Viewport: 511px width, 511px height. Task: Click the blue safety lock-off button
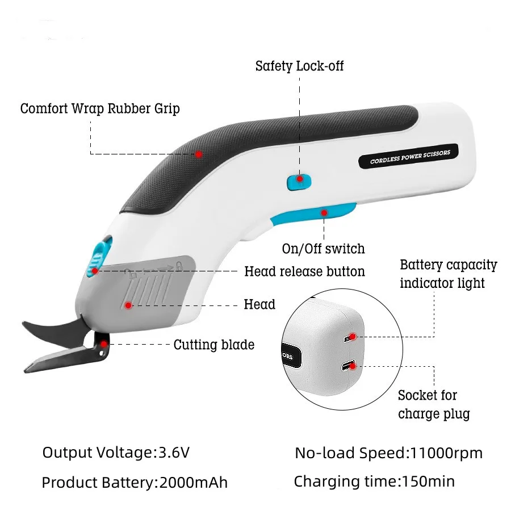coord(299,181)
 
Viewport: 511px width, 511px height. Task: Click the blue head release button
coord(98,258)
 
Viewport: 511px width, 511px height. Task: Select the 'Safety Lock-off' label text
coord(299,66)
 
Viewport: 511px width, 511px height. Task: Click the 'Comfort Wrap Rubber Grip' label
coord(100,108)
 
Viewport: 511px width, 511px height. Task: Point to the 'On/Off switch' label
coord(323,249)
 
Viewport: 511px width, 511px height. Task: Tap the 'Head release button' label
coord(304,271)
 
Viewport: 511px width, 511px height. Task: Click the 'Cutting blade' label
coord(213,345)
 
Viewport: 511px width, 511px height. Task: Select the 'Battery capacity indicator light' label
coord(448,274)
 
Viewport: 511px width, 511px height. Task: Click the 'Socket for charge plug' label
coord(434,404)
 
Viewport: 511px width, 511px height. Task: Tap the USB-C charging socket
coord(347,366)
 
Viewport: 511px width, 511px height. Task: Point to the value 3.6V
coord(174,453)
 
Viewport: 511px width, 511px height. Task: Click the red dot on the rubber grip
coord(199,154)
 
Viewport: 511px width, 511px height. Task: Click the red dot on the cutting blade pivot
coord(104,342)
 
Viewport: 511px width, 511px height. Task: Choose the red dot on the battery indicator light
coord(353,337)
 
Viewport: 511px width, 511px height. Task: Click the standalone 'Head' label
coord(259,304)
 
